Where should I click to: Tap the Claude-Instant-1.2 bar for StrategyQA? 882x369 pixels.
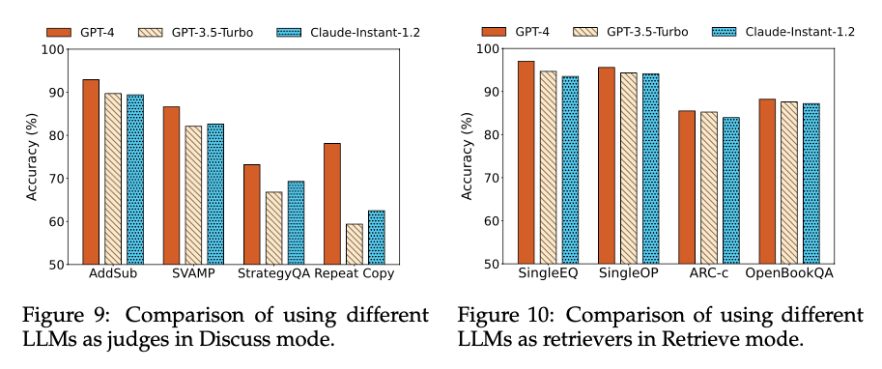296,223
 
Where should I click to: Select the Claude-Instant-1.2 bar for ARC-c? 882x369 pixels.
732,190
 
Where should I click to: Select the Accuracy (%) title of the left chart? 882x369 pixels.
33,157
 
